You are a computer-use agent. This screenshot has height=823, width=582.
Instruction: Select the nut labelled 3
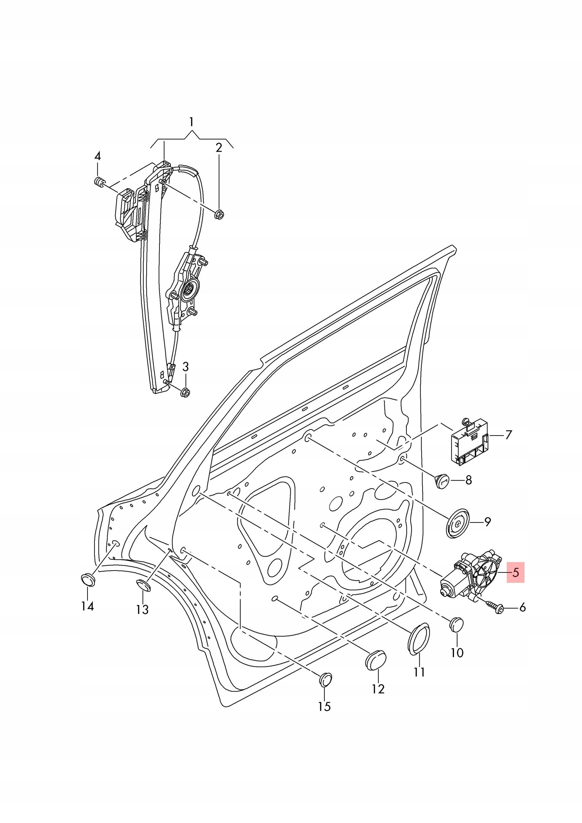pyautogui.click(x=185, y=392)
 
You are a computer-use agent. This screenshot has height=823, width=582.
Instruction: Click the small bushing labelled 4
pyautogui.click(x=98, y=181)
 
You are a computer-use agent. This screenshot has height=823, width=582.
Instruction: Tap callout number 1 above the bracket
pyautogui.click(x=192, y=122)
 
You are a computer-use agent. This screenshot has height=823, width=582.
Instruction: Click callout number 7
pyautogui.click(x=508, y=435)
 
